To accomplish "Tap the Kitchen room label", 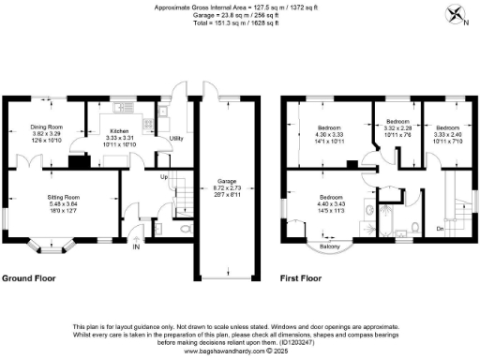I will [119, 132].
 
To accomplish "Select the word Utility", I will [175, 139].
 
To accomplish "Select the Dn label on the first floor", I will [441, 228].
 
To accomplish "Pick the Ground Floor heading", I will [28, 278].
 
